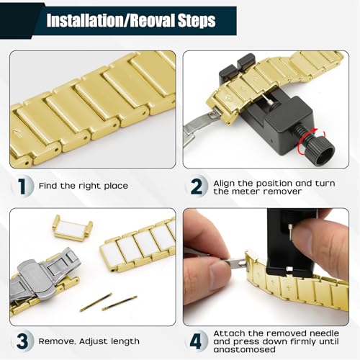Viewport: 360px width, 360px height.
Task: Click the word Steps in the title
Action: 197,21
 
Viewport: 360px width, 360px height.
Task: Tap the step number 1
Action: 22,186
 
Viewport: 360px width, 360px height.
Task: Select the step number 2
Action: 197,186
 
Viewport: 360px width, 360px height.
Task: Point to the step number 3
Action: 22,341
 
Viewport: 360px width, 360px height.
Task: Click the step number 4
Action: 196,341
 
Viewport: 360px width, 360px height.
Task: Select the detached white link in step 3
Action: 72,226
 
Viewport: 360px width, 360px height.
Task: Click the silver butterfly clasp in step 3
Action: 41,274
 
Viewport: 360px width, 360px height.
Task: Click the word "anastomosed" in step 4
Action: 244,349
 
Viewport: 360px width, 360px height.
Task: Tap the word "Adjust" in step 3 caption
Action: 94,341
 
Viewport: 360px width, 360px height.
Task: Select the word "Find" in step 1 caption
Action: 48,186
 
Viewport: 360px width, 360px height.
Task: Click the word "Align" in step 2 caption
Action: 224,184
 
